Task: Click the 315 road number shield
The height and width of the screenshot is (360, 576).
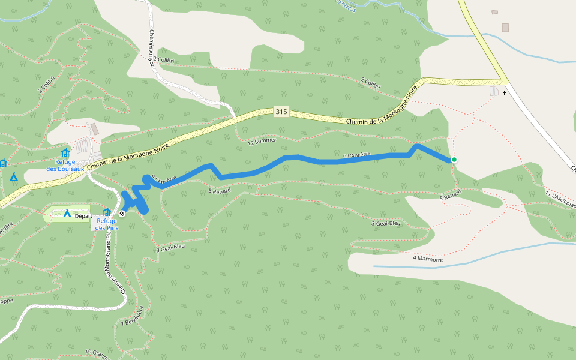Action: coord(281,112)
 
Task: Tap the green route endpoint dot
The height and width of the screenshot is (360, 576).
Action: coord(454,160)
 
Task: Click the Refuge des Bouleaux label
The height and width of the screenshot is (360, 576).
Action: coord(65,165)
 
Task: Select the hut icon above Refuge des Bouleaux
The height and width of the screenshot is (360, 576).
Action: coord(65,153)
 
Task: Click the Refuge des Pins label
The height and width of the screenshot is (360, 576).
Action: coord(106,224)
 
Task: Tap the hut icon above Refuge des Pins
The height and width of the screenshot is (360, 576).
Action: coord(107,212)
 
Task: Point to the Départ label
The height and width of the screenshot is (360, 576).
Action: coord(83,216)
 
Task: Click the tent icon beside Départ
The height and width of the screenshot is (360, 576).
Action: coord(67,214)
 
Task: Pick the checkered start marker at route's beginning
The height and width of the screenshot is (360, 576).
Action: coord(122,214)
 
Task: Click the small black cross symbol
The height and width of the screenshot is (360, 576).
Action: coord(505,94)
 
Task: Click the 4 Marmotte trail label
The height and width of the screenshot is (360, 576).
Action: coord(428,259)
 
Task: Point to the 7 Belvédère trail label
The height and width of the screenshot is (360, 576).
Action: coord(133,315)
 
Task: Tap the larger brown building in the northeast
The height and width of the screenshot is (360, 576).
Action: coord(505,28)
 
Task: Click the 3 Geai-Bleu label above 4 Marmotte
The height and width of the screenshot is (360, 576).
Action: coord(385,223)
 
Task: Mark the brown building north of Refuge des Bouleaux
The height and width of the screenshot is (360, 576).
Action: coord(94,129)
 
